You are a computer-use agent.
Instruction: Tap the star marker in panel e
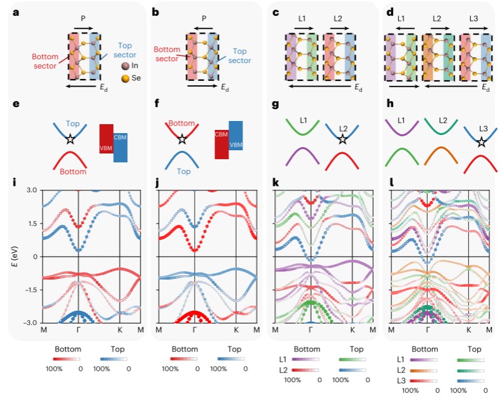point(69,138)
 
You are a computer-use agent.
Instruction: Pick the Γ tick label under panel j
point(194,330)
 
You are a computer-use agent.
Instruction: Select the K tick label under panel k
point(352,330)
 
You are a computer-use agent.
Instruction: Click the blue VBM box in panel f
point(235,139)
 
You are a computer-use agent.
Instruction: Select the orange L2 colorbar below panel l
point(421,369)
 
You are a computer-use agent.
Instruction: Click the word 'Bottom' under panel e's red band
point(74,172)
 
